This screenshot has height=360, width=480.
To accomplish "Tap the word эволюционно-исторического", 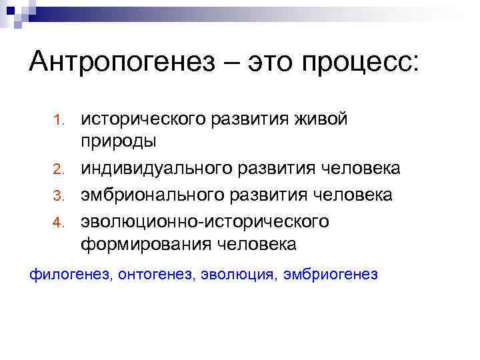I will pyautogui.click(x=205, y=220).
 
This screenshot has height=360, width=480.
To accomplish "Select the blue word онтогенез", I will pyautogui.click(x=155, y=274).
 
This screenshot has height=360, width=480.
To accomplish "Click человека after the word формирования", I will pyautogui.click(x=257, y=245).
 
